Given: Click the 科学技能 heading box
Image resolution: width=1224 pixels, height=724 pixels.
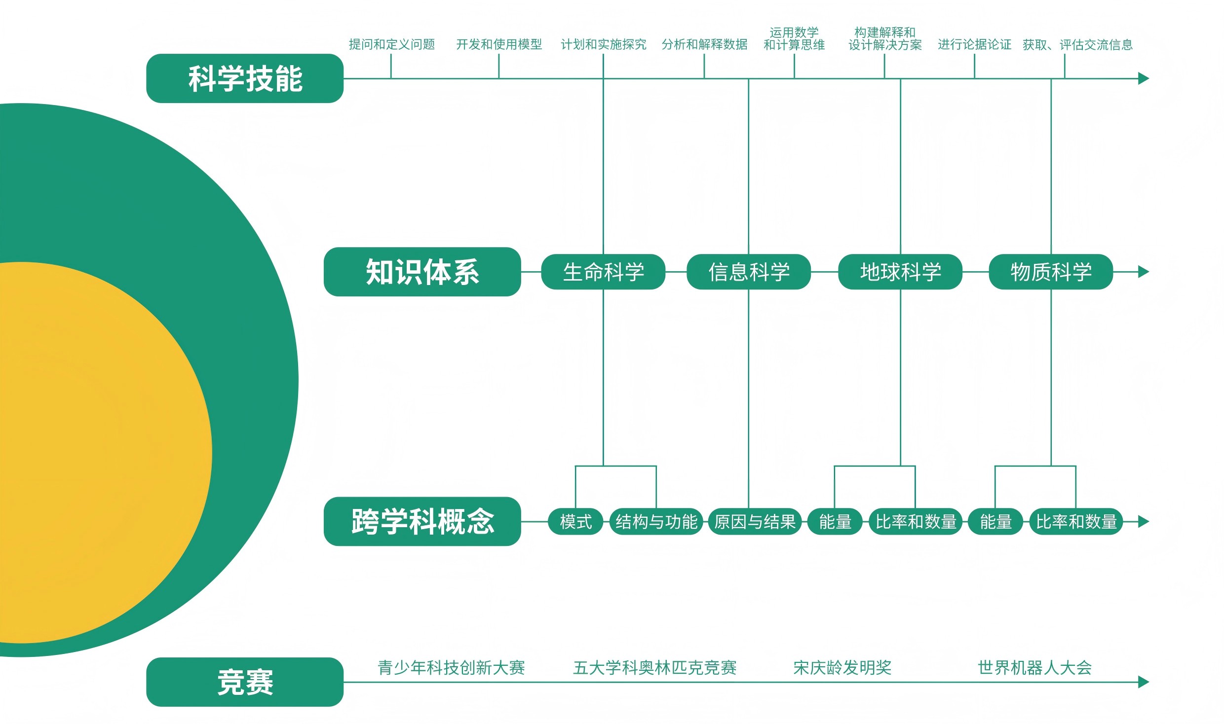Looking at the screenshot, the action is click(245, 78).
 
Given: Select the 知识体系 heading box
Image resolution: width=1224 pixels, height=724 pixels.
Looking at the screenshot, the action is click(422, 272).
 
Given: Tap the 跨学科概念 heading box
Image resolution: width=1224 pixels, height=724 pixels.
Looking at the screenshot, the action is click(422, 521).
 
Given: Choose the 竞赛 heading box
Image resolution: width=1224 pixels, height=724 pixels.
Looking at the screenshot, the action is click(245, 682).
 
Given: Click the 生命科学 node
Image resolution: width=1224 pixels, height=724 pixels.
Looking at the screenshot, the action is click(603, 272).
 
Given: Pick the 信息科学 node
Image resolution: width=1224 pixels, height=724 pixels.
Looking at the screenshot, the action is click(749, 272).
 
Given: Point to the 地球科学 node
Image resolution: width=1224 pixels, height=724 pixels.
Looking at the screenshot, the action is click(900, 272).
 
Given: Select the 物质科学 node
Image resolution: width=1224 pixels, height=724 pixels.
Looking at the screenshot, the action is click(1051, 272).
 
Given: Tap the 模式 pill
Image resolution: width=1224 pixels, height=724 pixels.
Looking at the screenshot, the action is click(575, 521).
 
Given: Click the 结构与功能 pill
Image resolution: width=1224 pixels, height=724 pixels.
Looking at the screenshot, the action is click(656, 521).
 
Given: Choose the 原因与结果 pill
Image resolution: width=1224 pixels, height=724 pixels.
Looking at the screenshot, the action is click(755, 521).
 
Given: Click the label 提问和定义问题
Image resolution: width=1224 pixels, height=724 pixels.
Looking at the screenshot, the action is click(392, 44).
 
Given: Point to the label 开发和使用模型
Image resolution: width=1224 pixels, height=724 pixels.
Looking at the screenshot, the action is click(499, 44).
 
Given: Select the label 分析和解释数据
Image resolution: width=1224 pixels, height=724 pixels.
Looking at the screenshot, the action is click(704, 44).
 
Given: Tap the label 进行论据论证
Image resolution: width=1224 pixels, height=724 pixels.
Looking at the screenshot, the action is click(974, 44).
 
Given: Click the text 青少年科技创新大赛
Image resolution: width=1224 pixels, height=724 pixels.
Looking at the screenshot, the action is click(451, 667).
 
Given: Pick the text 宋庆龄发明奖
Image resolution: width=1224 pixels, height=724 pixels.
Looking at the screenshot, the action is click(842, 667).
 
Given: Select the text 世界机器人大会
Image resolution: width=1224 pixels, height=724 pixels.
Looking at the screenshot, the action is click(1034, 667).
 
